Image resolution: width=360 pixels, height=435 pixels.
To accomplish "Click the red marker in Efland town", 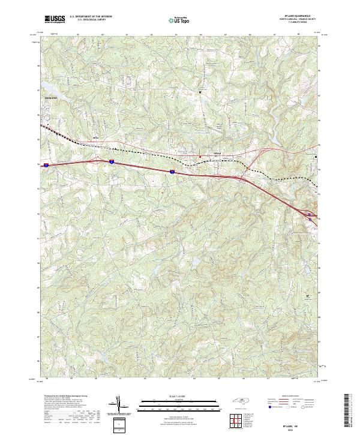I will pyautogui.click(x=200, y=158).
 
